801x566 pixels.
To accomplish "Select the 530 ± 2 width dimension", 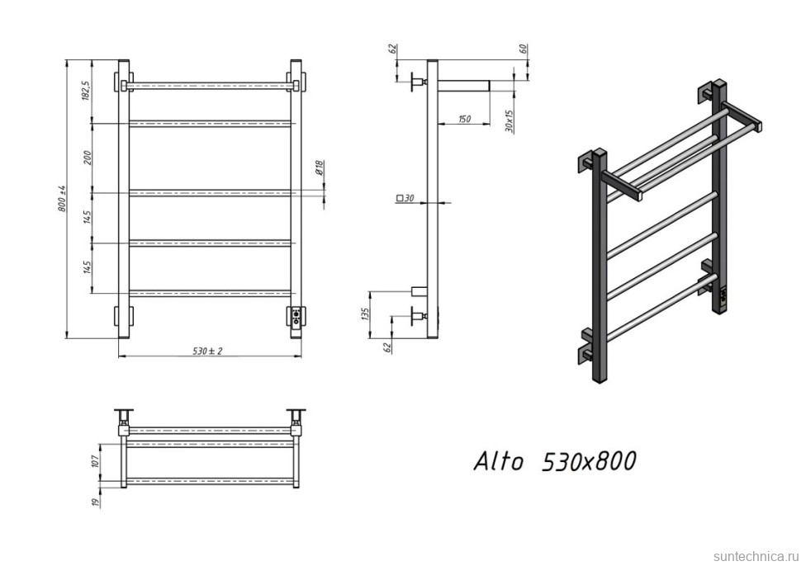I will [x=208, y=351].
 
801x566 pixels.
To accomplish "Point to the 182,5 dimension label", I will [x=86, y=91].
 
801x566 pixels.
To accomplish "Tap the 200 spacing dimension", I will [x=88, y=157].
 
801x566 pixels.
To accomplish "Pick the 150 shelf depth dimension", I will [x=463, y=120].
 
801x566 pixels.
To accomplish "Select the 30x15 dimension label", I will [x=510, y=121].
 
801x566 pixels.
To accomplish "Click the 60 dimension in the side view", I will [x=523, y=49].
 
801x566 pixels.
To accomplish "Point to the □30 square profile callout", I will [x=405, y=198].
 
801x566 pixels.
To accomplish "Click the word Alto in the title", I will [x=498, y=461].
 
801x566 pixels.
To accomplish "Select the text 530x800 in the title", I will [x=588, y=461].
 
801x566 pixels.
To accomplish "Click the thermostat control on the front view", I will [x=296, y=317].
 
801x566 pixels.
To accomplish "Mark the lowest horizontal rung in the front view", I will [x=211, y=292].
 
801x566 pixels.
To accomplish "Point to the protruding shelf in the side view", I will [x=462, y=85].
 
